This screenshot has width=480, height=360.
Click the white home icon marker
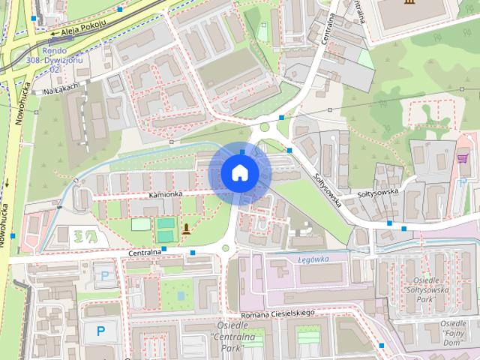coord(239,172)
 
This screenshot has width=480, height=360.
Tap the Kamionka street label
coord(165,194)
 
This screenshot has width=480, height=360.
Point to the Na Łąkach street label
coord(61,91)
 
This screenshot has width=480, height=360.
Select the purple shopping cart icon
coord(462,159)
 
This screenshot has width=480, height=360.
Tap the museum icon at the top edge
coord(408,4)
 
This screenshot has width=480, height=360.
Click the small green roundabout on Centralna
coord(225,248)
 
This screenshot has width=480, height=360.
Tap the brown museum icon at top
coord(408,4)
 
